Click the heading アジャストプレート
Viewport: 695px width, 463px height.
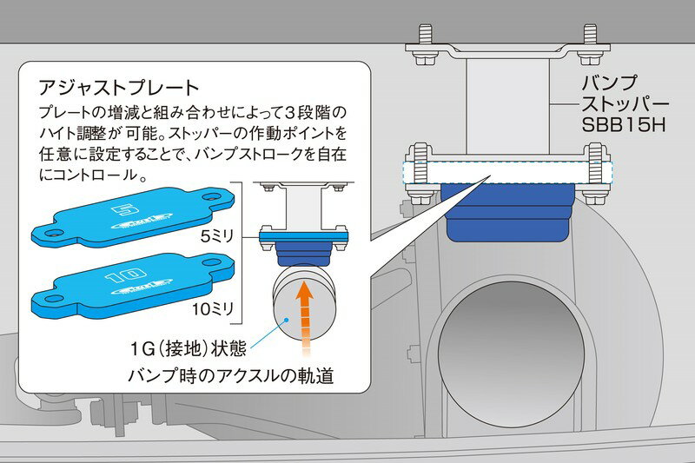click(120, 89)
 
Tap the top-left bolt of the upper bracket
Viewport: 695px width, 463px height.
click(427, 36)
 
